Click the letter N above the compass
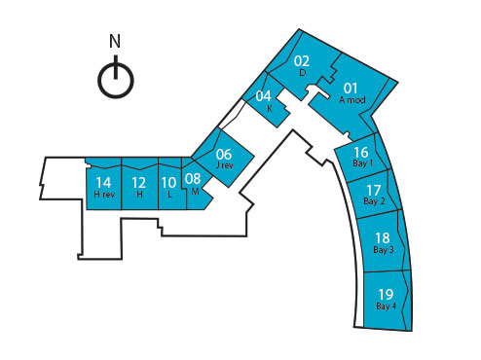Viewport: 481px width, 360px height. click(115, 42)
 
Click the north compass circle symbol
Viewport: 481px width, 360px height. click(116, 79)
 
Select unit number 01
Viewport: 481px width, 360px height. click(351, 88)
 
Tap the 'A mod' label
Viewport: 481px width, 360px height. click(351, 100)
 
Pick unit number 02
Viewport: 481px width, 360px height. click(302, 60)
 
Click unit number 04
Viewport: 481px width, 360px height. click(264, 95)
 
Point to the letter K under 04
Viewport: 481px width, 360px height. click(269, 108)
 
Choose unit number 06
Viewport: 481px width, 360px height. click(224, 154)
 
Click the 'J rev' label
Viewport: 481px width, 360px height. click(224, 165)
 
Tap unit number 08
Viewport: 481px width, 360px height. click(193, 179)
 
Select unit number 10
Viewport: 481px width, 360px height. click(168, 182)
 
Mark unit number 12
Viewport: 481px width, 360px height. click(139, 182)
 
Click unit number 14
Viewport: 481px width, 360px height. click(104, 182)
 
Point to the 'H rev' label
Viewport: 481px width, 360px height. click(104, 195)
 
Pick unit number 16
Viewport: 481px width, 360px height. click(361, 152)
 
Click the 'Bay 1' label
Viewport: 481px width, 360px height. click(362, 163)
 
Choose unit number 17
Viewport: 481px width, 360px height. click(374, 189)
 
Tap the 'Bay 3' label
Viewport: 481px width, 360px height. click(383, 250)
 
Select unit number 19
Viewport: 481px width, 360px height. click(386, 294)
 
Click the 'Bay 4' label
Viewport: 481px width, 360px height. click(386, 306)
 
